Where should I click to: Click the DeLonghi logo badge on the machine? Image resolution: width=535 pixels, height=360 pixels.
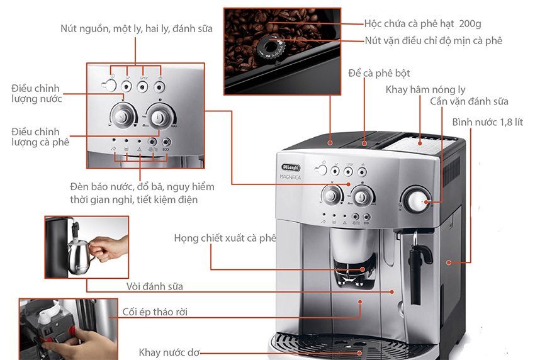point(291,167)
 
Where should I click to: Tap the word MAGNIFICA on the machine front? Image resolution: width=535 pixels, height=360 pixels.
point(290,177)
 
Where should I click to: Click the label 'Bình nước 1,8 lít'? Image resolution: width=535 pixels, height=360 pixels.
point(487,122)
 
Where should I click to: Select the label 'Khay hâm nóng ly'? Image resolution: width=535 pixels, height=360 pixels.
point(425,90)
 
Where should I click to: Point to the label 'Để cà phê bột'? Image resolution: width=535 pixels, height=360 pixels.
point(379,73)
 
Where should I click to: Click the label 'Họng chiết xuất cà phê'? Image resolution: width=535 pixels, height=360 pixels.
point(225,238)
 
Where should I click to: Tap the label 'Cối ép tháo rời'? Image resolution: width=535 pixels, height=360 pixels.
point(155,312)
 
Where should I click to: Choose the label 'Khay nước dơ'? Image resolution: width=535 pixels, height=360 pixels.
point(169,352)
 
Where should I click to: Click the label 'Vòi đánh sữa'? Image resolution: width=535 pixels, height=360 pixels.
point(155,286)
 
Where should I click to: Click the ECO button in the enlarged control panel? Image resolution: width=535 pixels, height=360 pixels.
point(166,142)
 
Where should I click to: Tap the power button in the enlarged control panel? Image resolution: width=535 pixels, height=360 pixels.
point(109,86)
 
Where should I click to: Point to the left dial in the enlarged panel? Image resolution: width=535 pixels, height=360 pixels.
point(122,116)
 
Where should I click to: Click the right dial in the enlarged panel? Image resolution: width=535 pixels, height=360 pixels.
point(159,117)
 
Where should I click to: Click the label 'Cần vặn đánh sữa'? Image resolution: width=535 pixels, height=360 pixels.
point(469,102)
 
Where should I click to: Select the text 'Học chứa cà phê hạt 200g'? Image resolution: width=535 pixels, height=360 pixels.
point(423,23)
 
